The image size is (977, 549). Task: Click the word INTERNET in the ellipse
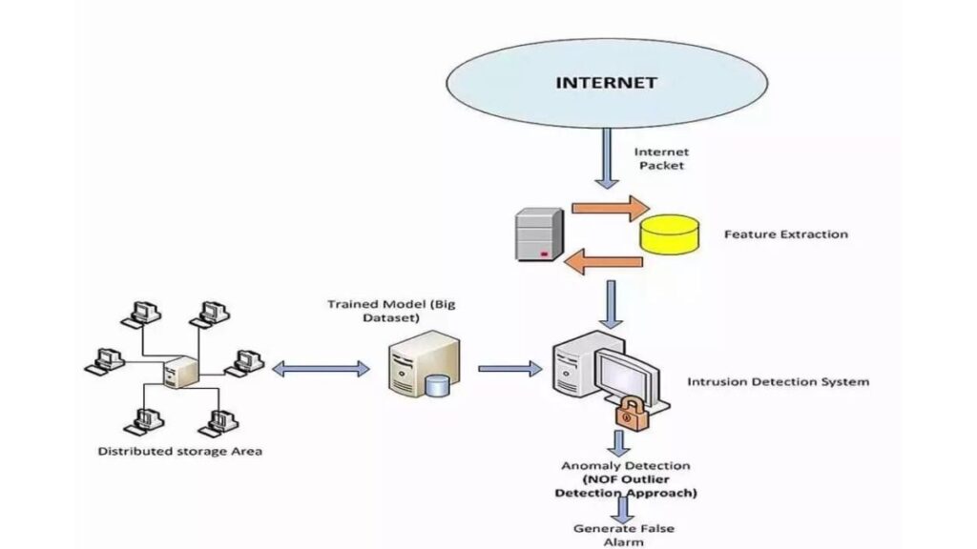point(606,82)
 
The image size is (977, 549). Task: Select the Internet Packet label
point(661,158)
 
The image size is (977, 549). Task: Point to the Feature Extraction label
point(785,234)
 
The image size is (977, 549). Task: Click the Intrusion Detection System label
point(778,382)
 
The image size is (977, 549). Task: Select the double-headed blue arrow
point(321,368)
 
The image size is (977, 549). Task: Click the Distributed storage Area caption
point(179,451)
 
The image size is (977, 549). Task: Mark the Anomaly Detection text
point(625,466)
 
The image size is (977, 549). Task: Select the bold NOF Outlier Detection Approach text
point(625,486)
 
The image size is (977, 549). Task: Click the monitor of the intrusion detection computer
point(625,372)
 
